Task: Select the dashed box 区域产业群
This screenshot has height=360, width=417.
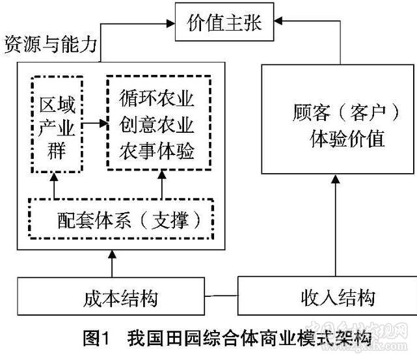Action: click(57, 124)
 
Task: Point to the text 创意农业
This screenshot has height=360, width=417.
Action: click(157, 124)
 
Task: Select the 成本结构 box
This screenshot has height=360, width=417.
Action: click(121, 298)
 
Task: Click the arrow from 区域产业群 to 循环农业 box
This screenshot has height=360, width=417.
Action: click(95, 122)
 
